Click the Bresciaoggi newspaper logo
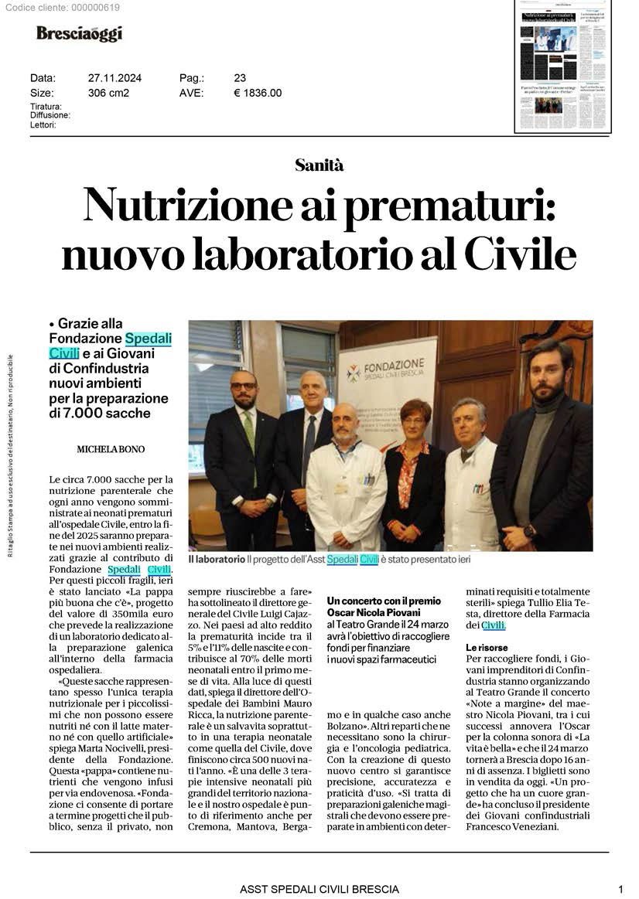coord(79,33)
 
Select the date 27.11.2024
coord(114,78)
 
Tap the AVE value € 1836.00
coord(258,93)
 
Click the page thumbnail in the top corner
coord(562,67)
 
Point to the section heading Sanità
coord(319,165)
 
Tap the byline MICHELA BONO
coord(111,449)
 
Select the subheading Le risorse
coord(486,646)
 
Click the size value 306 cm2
coord(108,93)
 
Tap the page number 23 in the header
coord(240,78)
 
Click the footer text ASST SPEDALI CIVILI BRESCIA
coord(319,889)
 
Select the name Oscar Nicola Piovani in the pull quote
coord(374,612)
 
